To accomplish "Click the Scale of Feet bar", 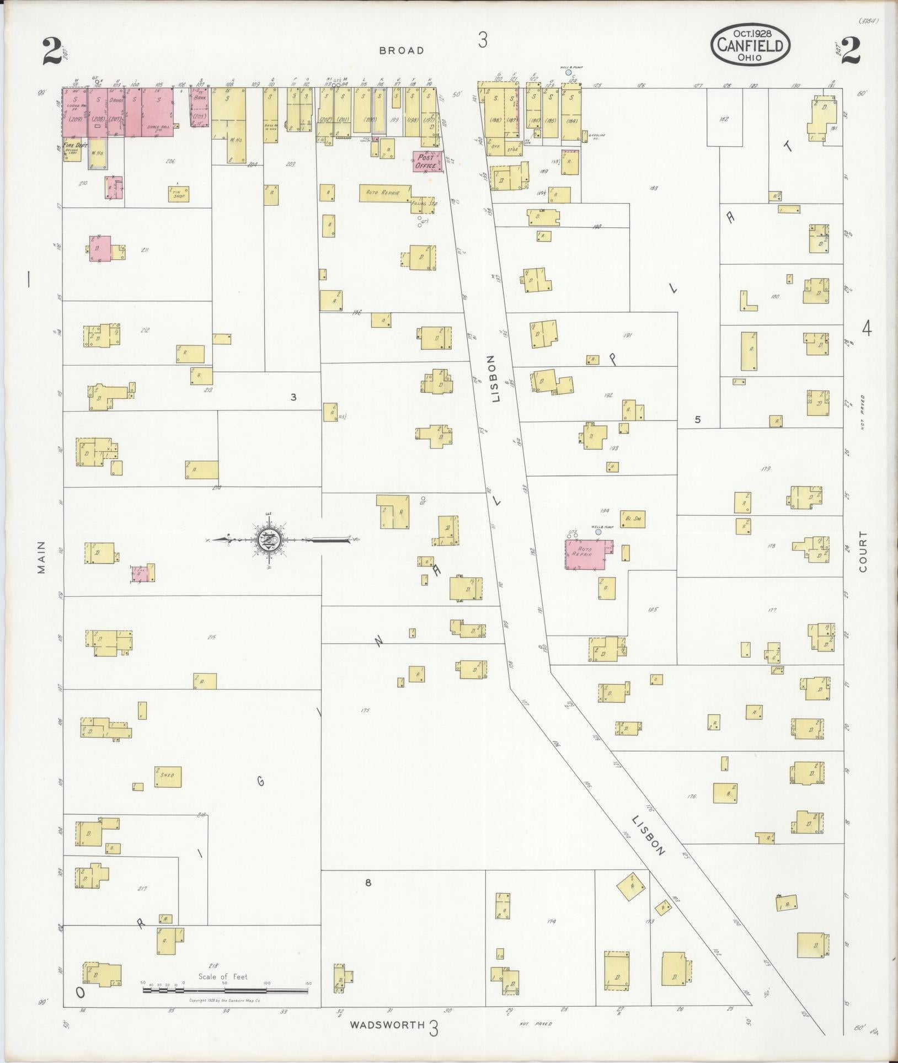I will point(225,990).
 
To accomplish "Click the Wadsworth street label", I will point(387,1024).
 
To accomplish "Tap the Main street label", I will point(42,557).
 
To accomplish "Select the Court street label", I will point(863,552).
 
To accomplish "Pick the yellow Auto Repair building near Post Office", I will point(384,193).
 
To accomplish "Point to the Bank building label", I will point(200,97).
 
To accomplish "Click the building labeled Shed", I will point(168,777).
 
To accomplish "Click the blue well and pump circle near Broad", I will point(568,72).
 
